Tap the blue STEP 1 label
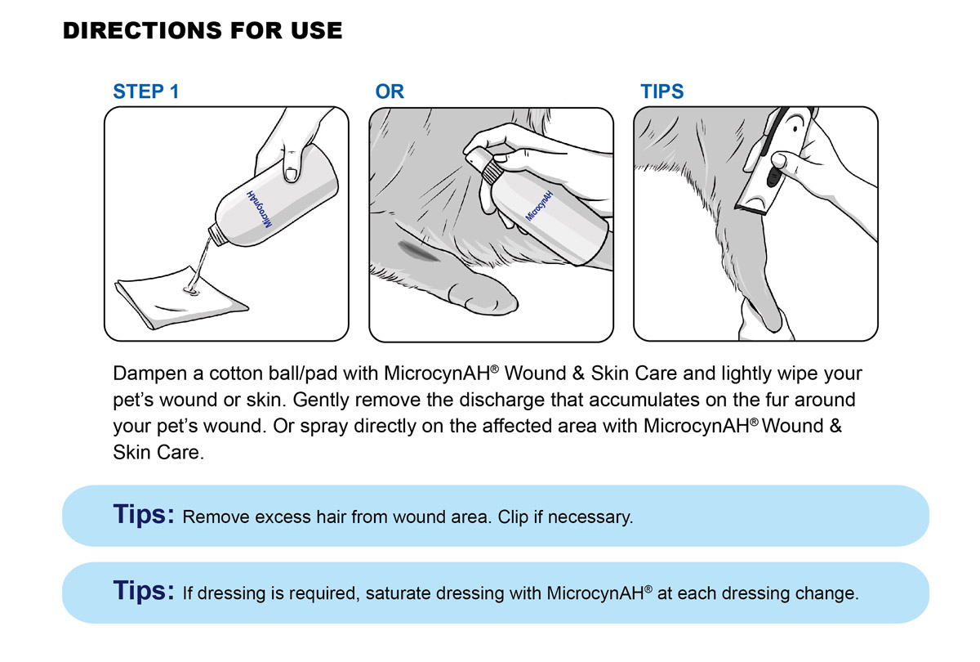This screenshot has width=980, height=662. coord(145,92)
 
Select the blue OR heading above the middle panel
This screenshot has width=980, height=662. coord(390,92)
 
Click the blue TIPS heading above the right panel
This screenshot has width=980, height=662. coord(662,92)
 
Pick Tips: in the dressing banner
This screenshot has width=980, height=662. coord(144,591)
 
